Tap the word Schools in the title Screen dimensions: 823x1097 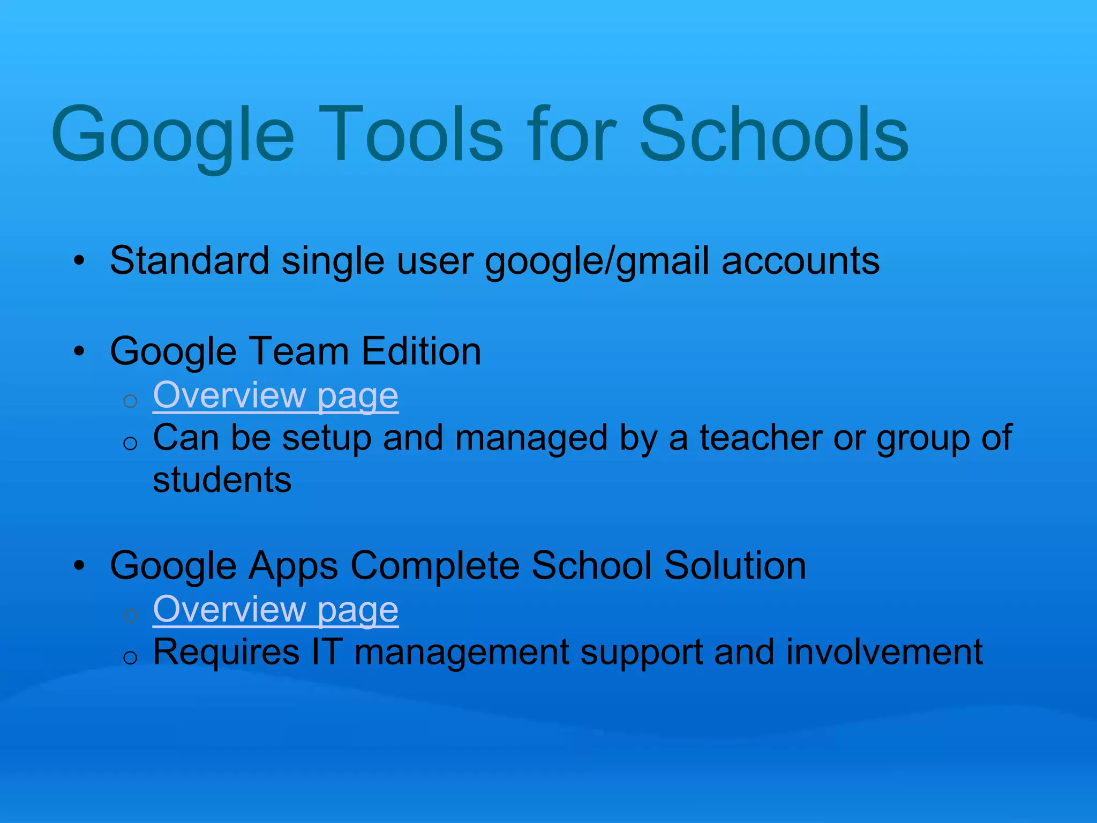[773, 134]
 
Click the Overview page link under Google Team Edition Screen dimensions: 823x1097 [275, 395]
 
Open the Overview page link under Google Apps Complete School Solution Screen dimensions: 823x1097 [275, 610]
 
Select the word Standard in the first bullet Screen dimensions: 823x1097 [189, 261]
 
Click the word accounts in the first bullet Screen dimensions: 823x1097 [800, 261]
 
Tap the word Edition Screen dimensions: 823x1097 [421, 351]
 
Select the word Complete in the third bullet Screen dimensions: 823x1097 [434, 566]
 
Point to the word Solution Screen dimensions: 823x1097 [735, 566]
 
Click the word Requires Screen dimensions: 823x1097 [226, 653]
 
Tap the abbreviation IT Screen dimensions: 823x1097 [327, 653]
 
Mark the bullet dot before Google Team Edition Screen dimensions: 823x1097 [79, 352]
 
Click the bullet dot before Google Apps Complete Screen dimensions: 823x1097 [79, 566]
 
